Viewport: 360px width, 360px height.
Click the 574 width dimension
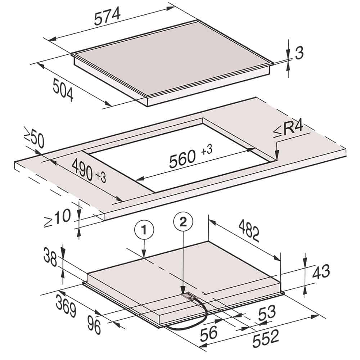107,16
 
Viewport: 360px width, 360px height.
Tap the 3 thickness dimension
299,53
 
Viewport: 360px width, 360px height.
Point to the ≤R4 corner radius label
289,130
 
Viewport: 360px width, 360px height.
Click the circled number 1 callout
144,230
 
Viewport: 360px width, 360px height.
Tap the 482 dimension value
249,230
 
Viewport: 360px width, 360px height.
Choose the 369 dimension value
66,306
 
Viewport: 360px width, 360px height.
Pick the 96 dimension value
94,324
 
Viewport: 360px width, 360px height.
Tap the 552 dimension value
266,341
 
